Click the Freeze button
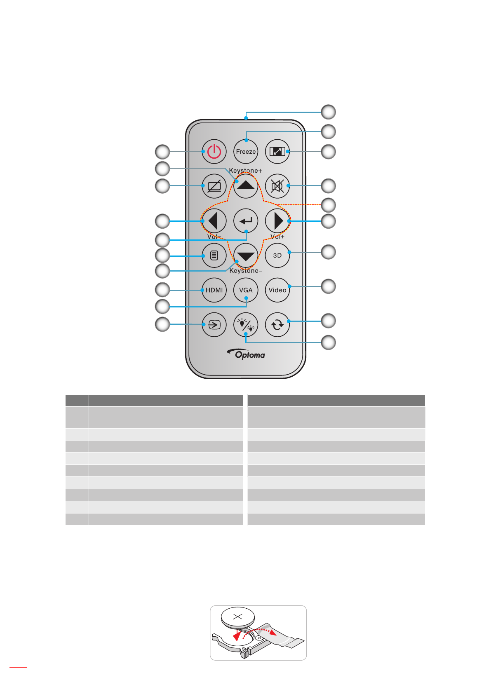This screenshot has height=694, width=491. tap(246, 152)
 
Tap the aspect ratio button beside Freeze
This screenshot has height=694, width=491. tap(277, 152)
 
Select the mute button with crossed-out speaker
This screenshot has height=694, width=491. tap(277, 186)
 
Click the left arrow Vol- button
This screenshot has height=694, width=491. tap(214, 221)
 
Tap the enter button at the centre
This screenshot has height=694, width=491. tap(246, 221)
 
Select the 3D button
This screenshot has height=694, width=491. tap(277, 256)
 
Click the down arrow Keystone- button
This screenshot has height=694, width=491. tap(246, 256)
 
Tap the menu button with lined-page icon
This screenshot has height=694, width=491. tap(214, 256)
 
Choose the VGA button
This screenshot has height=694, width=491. tap(246, 290)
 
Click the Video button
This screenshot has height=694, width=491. tap(277, 290)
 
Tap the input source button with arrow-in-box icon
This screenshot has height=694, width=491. tap(214, 325)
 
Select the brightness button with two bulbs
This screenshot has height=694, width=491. tap(246, 325)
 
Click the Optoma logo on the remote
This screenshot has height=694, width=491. tap(247, 354)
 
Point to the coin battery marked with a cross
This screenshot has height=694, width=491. tap(238, 617)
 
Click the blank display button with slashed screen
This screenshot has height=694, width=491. tap(214, 186)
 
